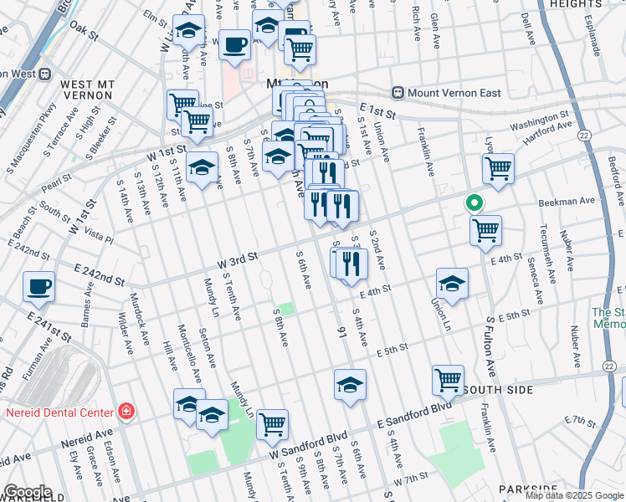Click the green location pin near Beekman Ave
point(474,203)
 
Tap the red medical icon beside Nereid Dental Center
point(126,412)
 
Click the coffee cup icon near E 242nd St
point(39,287)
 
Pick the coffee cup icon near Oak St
point(235,44)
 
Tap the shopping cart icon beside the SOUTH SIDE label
point(449,380)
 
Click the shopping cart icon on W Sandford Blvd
point(272,424)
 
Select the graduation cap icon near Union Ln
point(452,284)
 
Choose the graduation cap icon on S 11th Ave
point(202,167)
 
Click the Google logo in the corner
point(27,492)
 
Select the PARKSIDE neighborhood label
point(527,489)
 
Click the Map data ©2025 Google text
point(574,495)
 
